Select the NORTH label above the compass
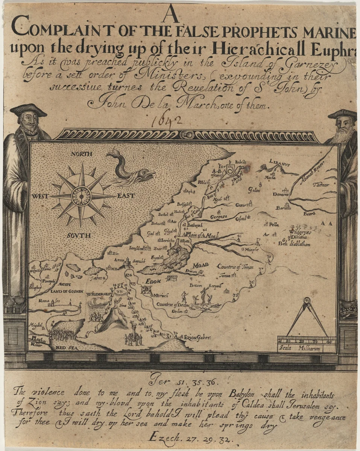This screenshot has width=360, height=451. tap(82, 154)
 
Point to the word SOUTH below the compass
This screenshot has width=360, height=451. tap(79, 236)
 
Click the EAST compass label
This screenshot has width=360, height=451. tap(126, 196)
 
